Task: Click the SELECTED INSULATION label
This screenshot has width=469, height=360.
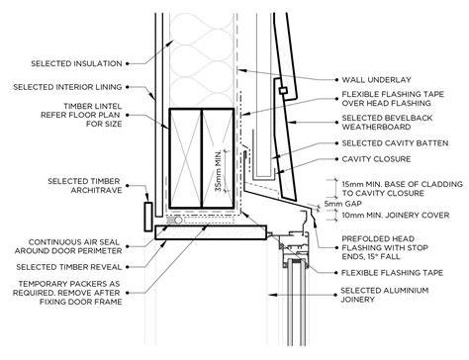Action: (x=76, y=63)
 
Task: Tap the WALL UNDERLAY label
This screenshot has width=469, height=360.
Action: (x=376, y=80)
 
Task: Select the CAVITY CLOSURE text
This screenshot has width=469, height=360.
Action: (x=376, y=159)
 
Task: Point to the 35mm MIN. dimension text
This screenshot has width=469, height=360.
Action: (x=218, y=171)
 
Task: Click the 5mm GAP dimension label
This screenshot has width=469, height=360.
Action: (x=342, y=204)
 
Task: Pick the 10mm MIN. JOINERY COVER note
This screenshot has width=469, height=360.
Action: (x=396, y=216)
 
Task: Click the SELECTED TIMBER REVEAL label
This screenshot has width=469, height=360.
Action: (x=69, y=267)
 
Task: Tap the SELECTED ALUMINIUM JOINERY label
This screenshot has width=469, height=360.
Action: (x=385, y=295)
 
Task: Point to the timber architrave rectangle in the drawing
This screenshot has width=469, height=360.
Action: (x=148, y=217)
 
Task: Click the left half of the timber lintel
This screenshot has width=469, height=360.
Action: (x=185, y=158)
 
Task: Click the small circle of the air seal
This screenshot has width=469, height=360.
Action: (x=178, y=220)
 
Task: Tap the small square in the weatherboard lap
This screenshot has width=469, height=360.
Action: (x=283, y=90)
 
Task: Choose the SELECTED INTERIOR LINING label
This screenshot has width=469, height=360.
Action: (x=67, y=87)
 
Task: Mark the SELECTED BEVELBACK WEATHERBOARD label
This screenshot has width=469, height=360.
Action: (x=387, y=123)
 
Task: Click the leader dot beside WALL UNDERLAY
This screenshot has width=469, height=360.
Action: (x=336, y=80)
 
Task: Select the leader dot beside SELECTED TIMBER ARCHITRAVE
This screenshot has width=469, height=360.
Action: (x=128, y=186)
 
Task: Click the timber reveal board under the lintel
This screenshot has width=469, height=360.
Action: (x=211, y=232)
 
